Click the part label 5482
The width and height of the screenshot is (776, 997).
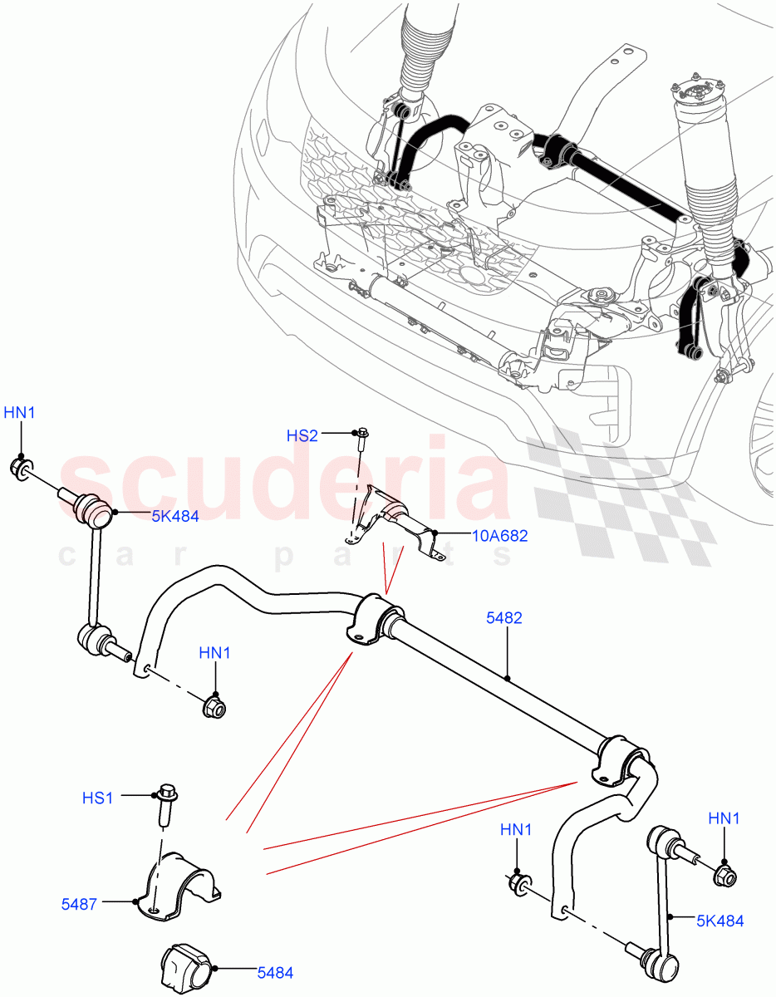click(x=504, y=618)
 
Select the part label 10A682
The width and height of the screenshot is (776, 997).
click(x=499, y=536)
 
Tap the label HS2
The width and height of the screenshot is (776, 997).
click(x=302, y=435)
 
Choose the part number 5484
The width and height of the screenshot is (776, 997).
click(x=275, y=971)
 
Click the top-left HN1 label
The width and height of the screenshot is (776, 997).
click(x=21, y=412)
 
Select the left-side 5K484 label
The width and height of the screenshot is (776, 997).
click(x=174, y=516)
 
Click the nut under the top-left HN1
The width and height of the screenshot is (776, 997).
click(x=22, y=469)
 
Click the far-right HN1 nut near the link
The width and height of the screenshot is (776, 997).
click(x=724, y=875)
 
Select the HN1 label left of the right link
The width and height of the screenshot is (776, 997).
click(x=516, y=829)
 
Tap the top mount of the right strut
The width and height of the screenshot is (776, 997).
click(x=691, y=88)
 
